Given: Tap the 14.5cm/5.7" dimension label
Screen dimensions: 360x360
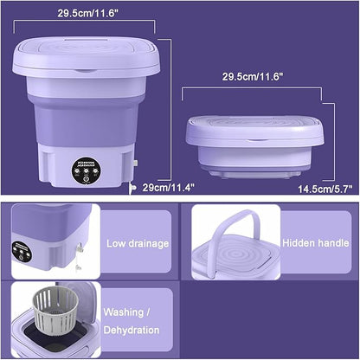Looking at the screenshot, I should click(x=325, y=187).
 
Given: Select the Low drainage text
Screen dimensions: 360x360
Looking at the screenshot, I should click(x=138, y=243).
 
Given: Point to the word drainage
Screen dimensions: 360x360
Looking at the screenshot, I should click(x=150, y=243).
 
